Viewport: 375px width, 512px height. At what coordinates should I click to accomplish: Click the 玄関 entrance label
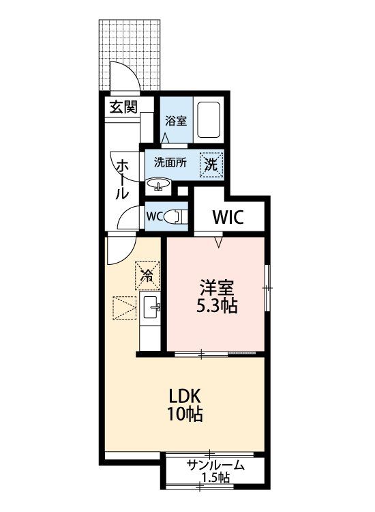(123, 106)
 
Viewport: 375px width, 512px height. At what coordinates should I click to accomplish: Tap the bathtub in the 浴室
(209, 120)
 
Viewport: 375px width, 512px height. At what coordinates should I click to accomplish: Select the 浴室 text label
(176, 121)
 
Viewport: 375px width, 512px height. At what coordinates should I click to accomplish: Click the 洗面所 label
(170, 162)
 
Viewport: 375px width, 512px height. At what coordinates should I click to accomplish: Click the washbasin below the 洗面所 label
(158, 185)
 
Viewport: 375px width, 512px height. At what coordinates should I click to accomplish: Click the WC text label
(154, 216)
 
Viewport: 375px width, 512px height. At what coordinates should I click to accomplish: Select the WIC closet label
(228, 217)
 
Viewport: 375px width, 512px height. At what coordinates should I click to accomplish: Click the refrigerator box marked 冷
(147, 276)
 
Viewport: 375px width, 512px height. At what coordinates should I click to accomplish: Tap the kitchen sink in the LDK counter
(151, 307)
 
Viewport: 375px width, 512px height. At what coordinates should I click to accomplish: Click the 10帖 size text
(185, 414)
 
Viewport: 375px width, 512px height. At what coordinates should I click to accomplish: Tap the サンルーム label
(215, 465)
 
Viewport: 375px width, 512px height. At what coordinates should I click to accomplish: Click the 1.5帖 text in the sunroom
(215, 478)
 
